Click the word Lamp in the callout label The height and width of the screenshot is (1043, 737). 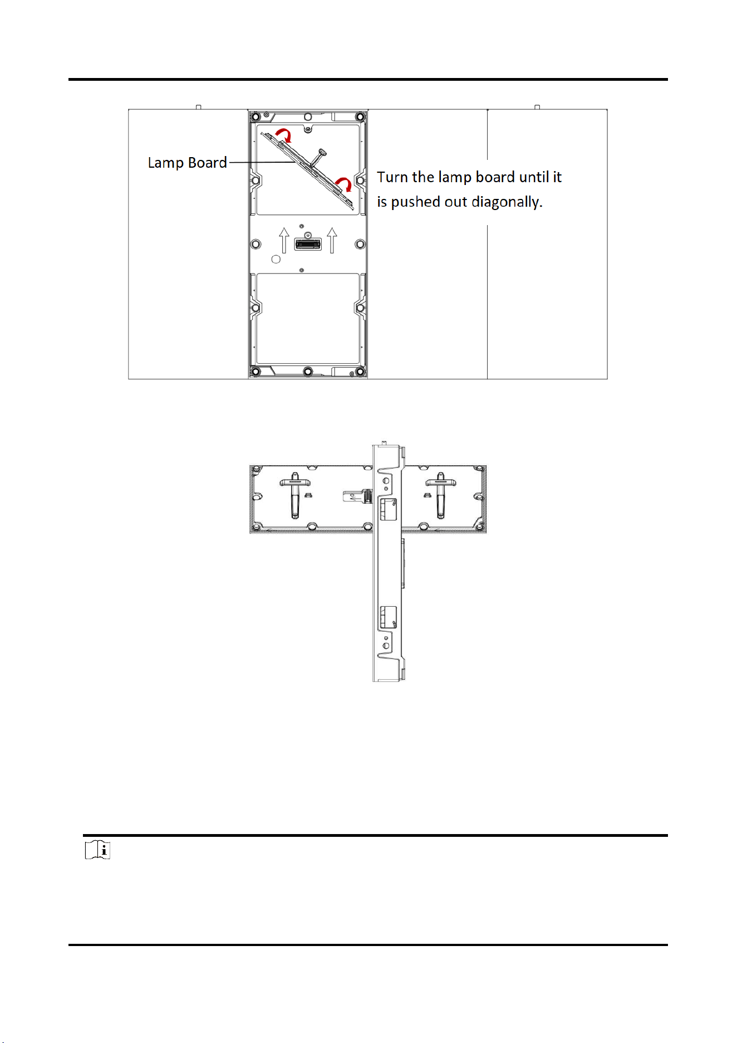[x=166, y=163]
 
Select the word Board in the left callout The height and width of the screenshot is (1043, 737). [x=208, y=163]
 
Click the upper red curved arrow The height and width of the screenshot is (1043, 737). [x=284, y=134]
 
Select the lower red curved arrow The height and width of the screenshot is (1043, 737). [x=344, y=184]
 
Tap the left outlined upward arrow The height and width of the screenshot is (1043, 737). [x=284, y=240]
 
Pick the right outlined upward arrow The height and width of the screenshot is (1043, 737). [x=332, y=240]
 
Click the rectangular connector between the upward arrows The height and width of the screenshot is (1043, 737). [x=308, y=244]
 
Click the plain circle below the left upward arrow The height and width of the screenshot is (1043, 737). [x=276, y=260]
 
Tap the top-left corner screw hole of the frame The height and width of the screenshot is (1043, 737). [x=256, y=117]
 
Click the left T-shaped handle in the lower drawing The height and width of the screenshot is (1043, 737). [x=295, y=495]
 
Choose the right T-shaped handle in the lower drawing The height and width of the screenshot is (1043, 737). [x=441, y=495]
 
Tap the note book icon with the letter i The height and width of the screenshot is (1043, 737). [x=97, y=850]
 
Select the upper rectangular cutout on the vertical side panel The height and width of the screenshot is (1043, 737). [x=388, y=509]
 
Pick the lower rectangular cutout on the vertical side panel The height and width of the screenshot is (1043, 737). [x=388, y=618]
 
